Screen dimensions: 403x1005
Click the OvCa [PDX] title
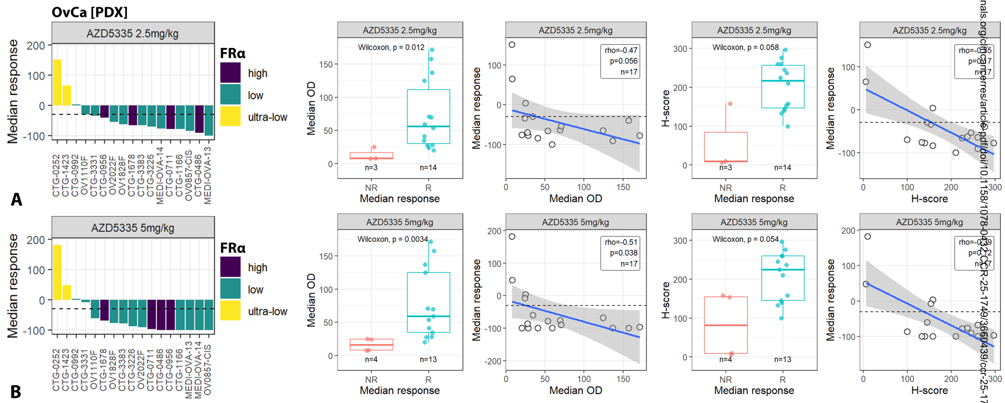(x=89, y=12)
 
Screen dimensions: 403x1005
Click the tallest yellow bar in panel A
(x=57, y=83)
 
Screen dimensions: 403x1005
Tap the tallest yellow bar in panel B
(x=57, y=272)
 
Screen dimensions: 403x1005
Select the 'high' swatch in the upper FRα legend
(x=231, y=73)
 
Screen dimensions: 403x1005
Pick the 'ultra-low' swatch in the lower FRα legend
(x=231, y=311)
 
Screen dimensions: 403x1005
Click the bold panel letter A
(x=16, y=199)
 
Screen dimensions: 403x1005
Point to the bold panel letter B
(x=16, y=392)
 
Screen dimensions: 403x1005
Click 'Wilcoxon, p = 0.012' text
(x=391, y=47)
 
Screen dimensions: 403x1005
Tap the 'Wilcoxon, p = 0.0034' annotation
(x=393, y=239)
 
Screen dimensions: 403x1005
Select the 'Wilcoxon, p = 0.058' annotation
(x=745, y=47)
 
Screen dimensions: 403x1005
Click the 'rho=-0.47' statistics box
(x=620, y=61)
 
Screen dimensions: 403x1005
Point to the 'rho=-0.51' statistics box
(x=620, y=253)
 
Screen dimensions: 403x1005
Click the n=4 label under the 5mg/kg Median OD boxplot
(x=371, y=359)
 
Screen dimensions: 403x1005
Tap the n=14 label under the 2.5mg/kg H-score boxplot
(x=782, y=168)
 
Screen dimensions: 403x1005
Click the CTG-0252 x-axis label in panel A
(x=57, y=175)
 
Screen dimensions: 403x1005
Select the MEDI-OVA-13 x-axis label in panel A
(x=208, y=175)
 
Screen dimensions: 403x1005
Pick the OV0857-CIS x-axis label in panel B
(x=208, y=370)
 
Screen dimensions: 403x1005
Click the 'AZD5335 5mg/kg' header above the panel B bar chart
(x=133, y=228)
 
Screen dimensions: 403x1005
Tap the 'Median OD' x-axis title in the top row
(x=575, y=199)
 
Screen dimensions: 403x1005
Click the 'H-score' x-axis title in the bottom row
(x=929, y=390)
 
